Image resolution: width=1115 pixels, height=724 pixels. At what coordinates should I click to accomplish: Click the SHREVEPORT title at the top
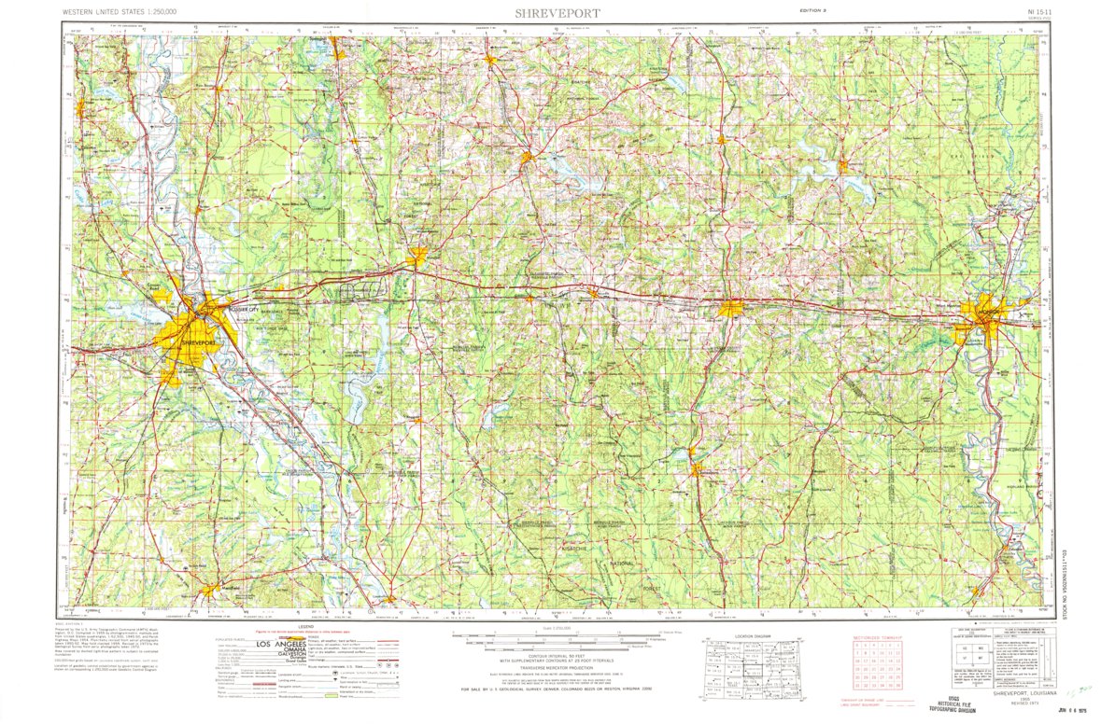[557, 13]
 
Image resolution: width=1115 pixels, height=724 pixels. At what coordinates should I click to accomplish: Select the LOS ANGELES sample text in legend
[273, 646]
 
